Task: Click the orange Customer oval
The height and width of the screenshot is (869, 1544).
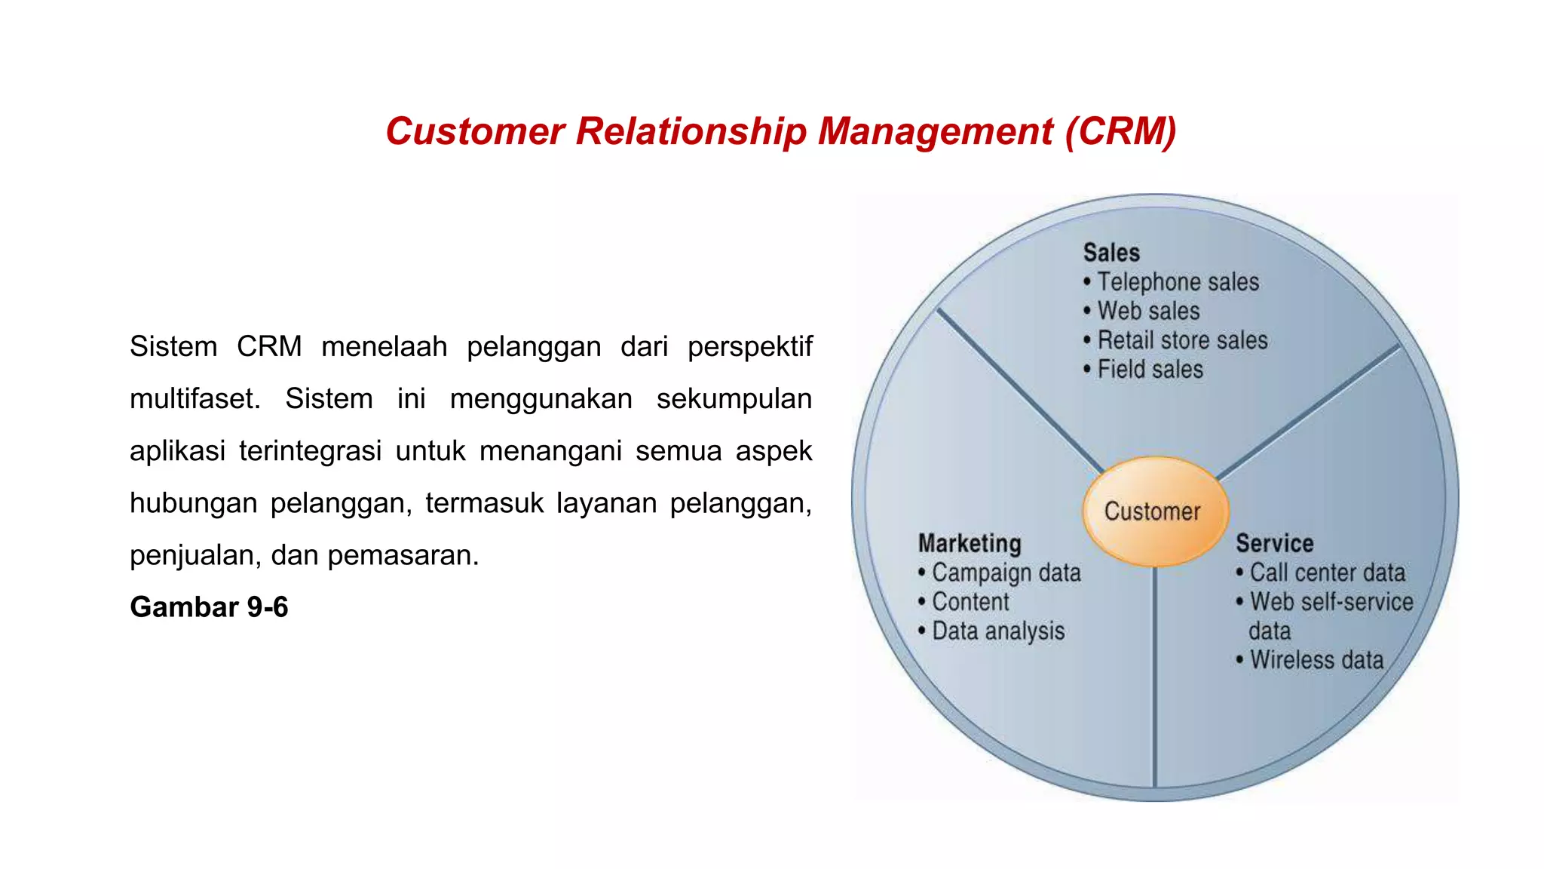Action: (x=1154, y=511)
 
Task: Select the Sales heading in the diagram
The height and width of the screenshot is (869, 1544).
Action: (x=1111, y=253)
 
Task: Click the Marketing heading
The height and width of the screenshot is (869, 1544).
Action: (x=970, y=543)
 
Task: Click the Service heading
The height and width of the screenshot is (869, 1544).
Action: (x=1274, y=543)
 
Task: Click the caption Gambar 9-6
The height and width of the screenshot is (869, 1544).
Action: (x=209, y=607)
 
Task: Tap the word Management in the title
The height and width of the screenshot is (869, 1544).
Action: (x=935, y=131)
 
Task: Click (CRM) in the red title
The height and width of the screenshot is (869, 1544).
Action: (x=1120, y=131)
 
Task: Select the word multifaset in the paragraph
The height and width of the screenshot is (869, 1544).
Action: (x=195, y=399)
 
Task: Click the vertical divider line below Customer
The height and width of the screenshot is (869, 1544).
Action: (x=1154, y=679)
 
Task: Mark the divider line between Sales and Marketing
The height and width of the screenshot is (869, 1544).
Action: (x=1018, y=388)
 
